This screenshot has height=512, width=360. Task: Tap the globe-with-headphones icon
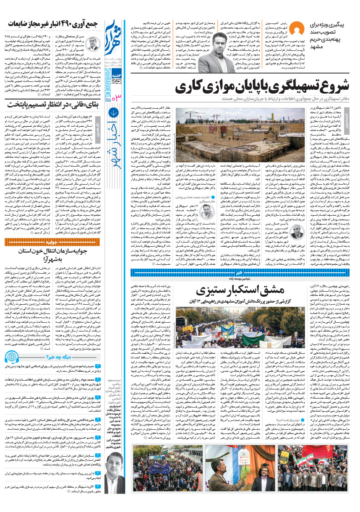click(x=12, y=358)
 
